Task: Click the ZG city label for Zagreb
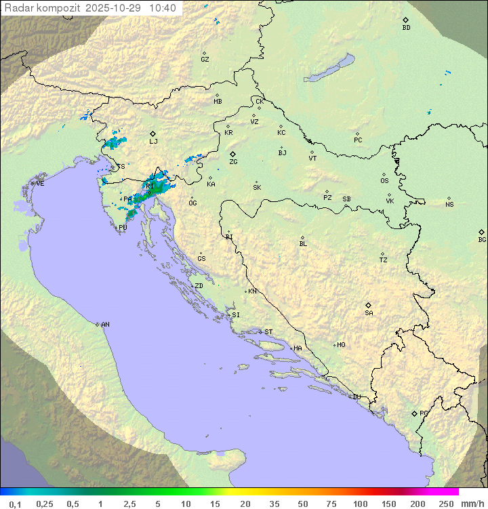tap(233, 162)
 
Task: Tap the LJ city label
tap(153, 142)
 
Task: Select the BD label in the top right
tap(406, 28)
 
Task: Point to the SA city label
tap(369, 313)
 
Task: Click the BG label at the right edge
tap(482, 239)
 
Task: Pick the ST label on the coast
tap(268, 332)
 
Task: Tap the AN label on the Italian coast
tap(105, 325)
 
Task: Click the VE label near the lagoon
tap(40, 183)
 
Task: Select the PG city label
tap(424, 413)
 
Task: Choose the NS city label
tap(449, 205)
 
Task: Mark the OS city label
tap(384, 181)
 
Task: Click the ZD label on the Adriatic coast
tap(199, 286)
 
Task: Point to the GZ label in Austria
tap(205, 60)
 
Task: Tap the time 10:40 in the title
tap(162, 8)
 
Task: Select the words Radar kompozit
tap(42, 8)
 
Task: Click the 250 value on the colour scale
tap(445, 504)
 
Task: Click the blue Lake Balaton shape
tap(329, 68)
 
